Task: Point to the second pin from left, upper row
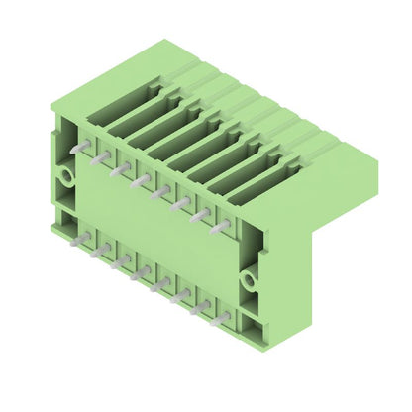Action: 100,157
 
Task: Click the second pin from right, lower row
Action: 202,306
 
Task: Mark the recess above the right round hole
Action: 249,239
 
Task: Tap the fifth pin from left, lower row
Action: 160,284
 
